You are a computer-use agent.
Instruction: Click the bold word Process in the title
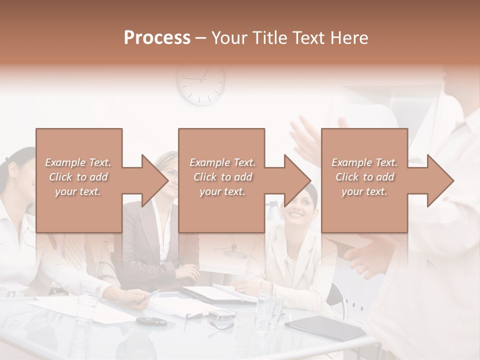tap(157, 37)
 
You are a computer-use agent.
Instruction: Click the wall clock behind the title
tap(200, 83)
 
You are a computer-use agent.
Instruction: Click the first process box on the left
tap(78, 180)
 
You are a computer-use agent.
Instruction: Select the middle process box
tap(221, 180)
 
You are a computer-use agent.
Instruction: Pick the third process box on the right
tap(364, 180)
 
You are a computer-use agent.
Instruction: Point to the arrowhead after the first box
tap(155, 180)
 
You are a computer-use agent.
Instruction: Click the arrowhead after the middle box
tap(297, 180)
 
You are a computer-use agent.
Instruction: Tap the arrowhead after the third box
tap(440, 180)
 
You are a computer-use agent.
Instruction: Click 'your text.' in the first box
tap(77, 191)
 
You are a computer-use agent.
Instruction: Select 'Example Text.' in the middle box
tap(222, 162)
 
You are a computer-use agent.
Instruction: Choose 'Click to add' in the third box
tap(364, 177)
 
